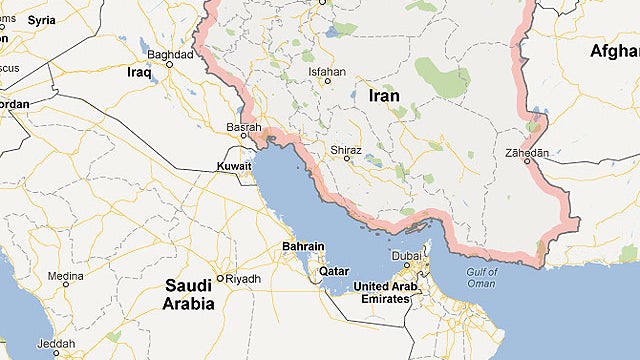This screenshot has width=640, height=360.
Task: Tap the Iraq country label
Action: (x=138, y=72)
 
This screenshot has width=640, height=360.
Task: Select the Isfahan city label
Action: (x=327, y=72)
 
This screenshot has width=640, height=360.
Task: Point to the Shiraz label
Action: (x=345, y=148)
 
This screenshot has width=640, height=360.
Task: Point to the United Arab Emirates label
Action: (x=388, y=294)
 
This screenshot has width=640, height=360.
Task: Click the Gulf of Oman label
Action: (x=482, y=277)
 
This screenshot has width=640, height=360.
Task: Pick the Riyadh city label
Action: (x=243, y=279)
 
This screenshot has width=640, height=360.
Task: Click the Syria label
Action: (x=41, y=19)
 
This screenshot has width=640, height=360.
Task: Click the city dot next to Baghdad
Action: (x=168, y=64)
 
